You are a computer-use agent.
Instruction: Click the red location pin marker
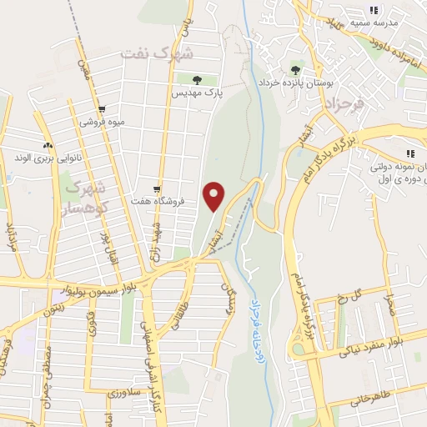point(215,196)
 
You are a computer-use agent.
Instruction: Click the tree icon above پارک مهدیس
point(197,81)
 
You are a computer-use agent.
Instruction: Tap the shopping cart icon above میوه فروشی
point(101,109)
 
